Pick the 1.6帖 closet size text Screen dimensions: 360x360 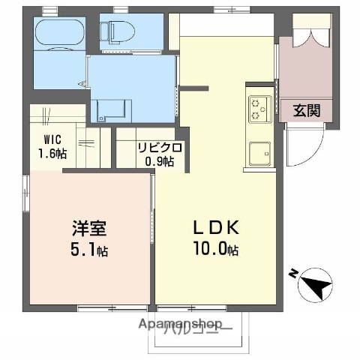pyautogui.click(x=52, y=154)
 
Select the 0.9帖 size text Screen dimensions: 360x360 pyautogui.click(x=158, y=160)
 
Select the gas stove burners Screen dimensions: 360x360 pyautogui.click(x=259, y=108)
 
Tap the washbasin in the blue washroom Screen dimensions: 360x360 pyautogui.click(x=112, y=109)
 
